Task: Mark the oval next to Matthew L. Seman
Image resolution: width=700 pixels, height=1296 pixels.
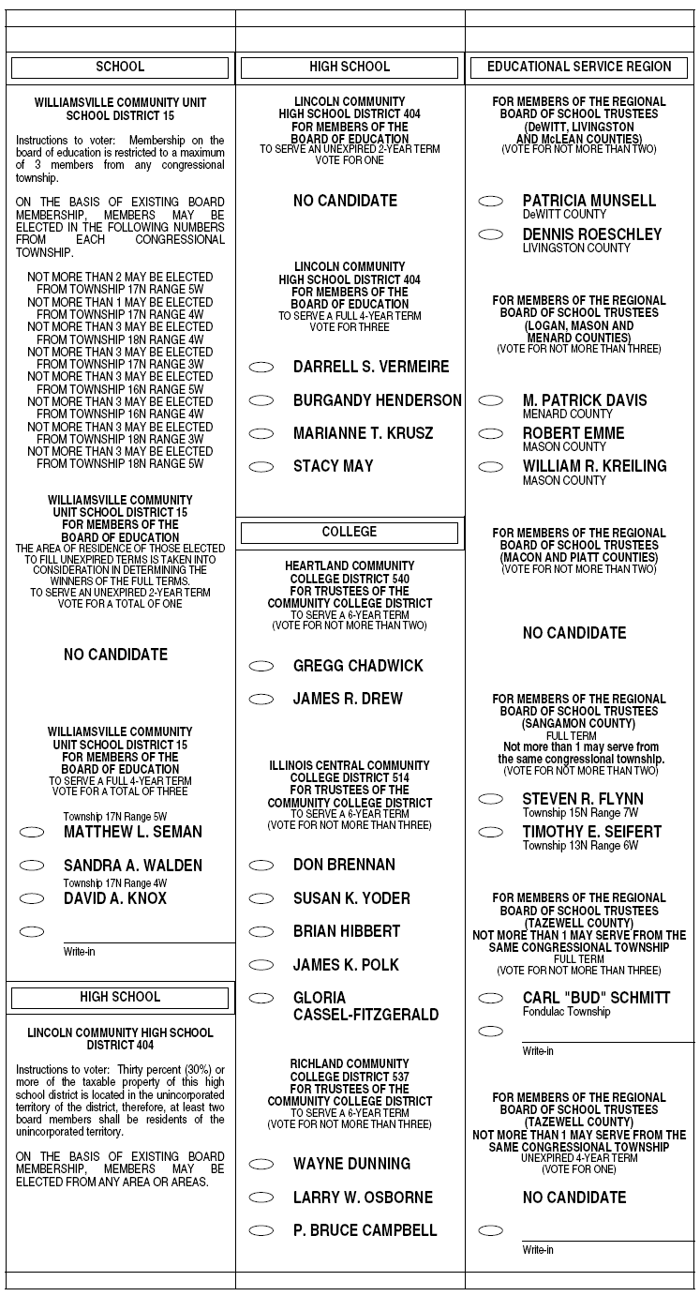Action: (x=32, y=832)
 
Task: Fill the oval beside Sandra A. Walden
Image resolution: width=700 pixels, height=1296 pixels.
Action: (x=32, y=866)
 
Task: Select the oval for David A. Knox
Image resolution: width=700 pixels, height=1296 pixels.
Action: (x=32, y=898)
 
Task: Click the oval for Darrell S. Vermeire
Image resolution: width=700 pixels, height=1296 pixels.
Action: (x=261, y=367)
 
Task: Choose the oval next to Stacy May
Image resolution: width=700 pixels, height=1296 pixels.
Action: (x=261, y=466)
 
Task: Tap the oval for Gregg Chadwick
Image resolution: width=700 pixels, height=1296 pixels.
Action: (x=261, y=666)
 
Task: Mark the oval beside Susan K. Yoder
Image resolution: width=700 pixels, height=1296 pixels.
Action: (x=261, y=898)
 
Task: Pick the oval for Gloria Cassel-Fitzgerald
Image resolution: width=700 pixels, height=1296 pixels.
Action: (x=261, y=998)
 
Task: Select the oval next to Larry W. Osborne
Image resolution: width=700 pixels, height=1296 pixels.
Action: (x=261, y=1198)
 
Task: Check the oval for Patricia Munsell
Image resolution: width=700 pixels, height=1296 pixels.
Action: (x=490, y=201)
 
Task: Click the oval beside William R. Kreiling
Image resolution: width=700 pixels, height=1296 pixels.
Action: (x=490, y=466)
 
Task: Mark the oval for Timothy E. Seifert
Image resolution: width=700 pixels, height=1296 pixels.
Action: (x=490, y=832)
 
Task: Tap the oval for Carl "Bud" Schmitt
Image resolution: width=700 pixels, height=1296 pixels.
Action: (x=490, y=998)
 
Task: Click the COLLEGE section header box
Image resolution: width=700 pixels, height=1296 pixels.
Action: (x=350, y=533)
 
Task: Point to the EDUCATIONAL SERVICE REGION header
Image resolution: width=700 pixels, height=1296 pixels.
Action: (x=579, y=67)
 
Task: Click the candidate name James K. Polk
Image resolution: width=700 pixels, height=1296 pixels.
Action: (x=346, y=965)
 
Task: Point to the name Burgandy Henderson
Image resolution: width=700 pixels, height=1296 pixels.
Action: (x=377, y=400)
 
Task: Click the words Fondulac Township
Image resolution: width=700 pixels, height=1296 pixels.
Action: (x=566, y=1012)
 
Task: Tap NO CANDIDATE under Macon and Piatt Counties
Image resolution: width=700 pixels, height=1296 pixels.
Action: (x=574, y=633)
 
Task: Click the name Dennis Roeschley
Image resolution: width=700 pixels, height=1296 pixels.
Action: (x=591, y=234)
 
